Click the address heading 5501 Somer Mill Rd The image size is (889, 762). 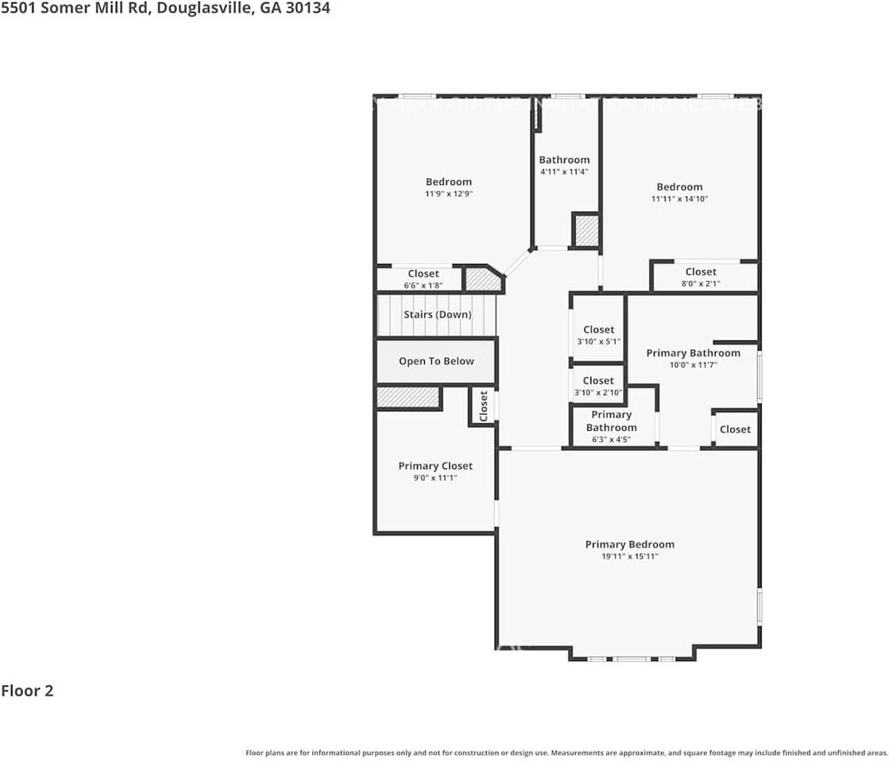[x=165, y=9]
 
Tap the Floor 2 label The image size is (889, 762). [x=27, y=691]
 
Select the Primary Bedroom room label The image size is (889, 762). [x=629, y=545]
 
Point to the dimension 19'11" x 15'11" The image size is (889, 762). [x=629, y=557]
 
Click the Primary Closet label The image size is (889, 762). [x=435, y=466]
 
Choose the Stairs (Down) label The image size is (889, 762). [x=437, y=314]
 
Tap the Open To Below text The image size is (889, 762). [x=436, y=361]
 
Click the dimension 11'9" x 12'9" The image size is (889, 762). [x=449, y=194]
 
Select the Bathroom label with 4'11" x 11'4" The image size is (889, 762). [x=564, y=160]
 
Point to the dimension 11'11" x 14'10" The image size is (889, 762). [x=679, y=199]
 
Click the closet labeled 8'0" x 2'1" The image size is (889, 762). [x=701, y=272]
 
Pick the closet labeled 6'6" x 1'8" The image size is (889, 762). [x=423, y=274]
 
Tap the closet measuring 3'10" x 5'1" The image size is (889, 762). [x=598, y=330]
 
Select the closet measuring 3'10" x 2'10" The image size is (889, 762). [x=598, y=381]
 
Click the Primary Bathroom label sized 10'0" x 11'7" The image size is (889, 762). [x=693, y=353]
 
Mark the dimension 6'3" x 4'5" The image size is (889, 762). [x=611, y=439]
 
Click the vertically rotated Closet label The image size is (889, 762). [x=483, y=406]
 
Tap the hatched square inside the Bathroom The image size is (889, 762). [x=586, y=230]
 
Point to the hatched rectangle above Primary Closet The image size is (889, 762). [x=408, y=397]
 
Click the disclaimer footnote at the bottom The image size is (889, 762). [x=566, y=752]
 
